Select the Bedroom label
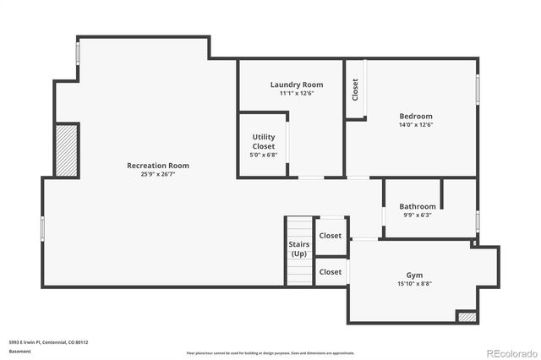(416, 116)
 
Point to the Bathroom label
(418, 206)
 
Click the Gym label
(414, 275)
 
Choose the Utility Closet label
(264, 141)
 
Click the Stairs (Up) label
(299, 249)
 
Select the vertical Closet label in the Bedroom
(355, 89)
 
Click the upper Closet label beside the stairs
(331, 236)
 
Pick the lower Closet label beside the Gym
(331, 272)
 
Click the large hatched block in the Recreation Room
(67, 150)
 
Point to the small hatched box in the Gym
(467, 316)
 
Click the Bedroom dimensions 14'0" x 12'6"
(416, 125)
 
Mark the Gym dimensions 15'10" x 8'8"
(414, 284)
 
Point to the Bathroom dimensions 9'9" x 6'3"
(418, 215)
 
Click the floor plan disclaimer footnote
(270, 352)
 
